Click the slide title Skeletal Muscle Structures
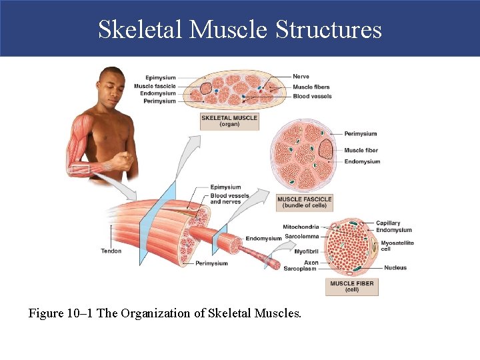click(x=240, y=30)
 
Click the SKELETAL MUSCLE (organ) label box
click(x=229, y=121)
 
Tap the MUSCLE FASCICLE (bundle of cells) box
click(x=304, y=202)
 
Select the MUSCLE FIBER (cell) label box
click(x=353, y=287)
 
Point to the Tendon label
click(x=111, y=251)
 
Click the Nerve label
click(x=301, y=77)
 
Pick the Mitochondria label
click(x=301, y=227)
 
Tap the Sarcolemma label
click(x=301, y=236)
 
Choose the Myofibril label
click(x=306, y=251)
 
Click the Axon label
click(x=311, y=263)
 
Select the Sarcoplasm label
click(x=300, y=269)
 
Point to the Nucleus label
click(x=395, y=268)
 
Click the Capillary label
click(x=388, y=223)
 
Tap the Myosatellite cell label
click(x=397, y=246)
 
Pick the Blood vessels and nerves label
click(x=229, y=199)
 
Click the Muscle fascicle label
click(x=155, y=86)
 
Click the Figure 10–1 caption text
click(x=165, y=312)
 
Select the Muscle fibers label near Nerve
click(x=311, y=87)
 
